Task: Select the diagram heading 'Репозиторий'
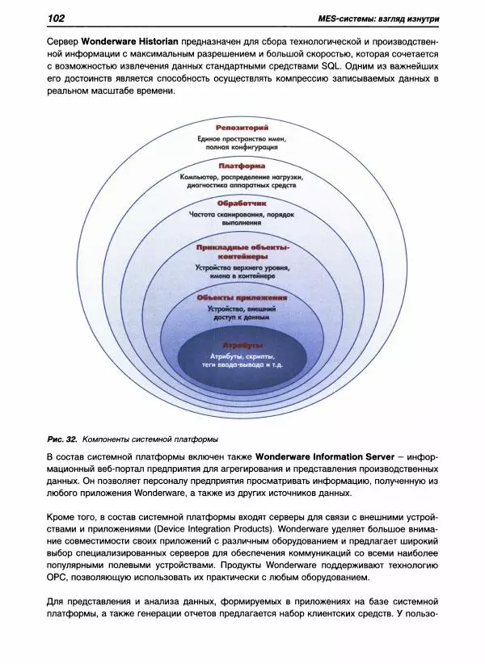pyautogui.click(x=242, y=128)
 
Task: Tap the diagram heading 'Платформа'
pyautogui.click(x=242, y=166)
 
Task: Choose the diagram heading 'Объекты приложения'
pyautogui.click(x=242, y=297)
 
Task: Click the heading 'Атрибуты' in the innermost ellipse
pyautogui.click(x=242, y=345)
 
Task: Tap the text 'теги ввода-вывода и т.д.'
pyautogui.click(x=242, y=366)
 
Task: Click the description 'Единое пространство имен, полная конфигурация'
pyautogui.click(x=242, y=143)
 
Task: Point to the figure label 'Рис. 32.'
pyautogui.click(x=62, y=439)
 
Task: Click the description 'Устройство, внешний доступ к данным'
pyautogui.click(x=242, y=313)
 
